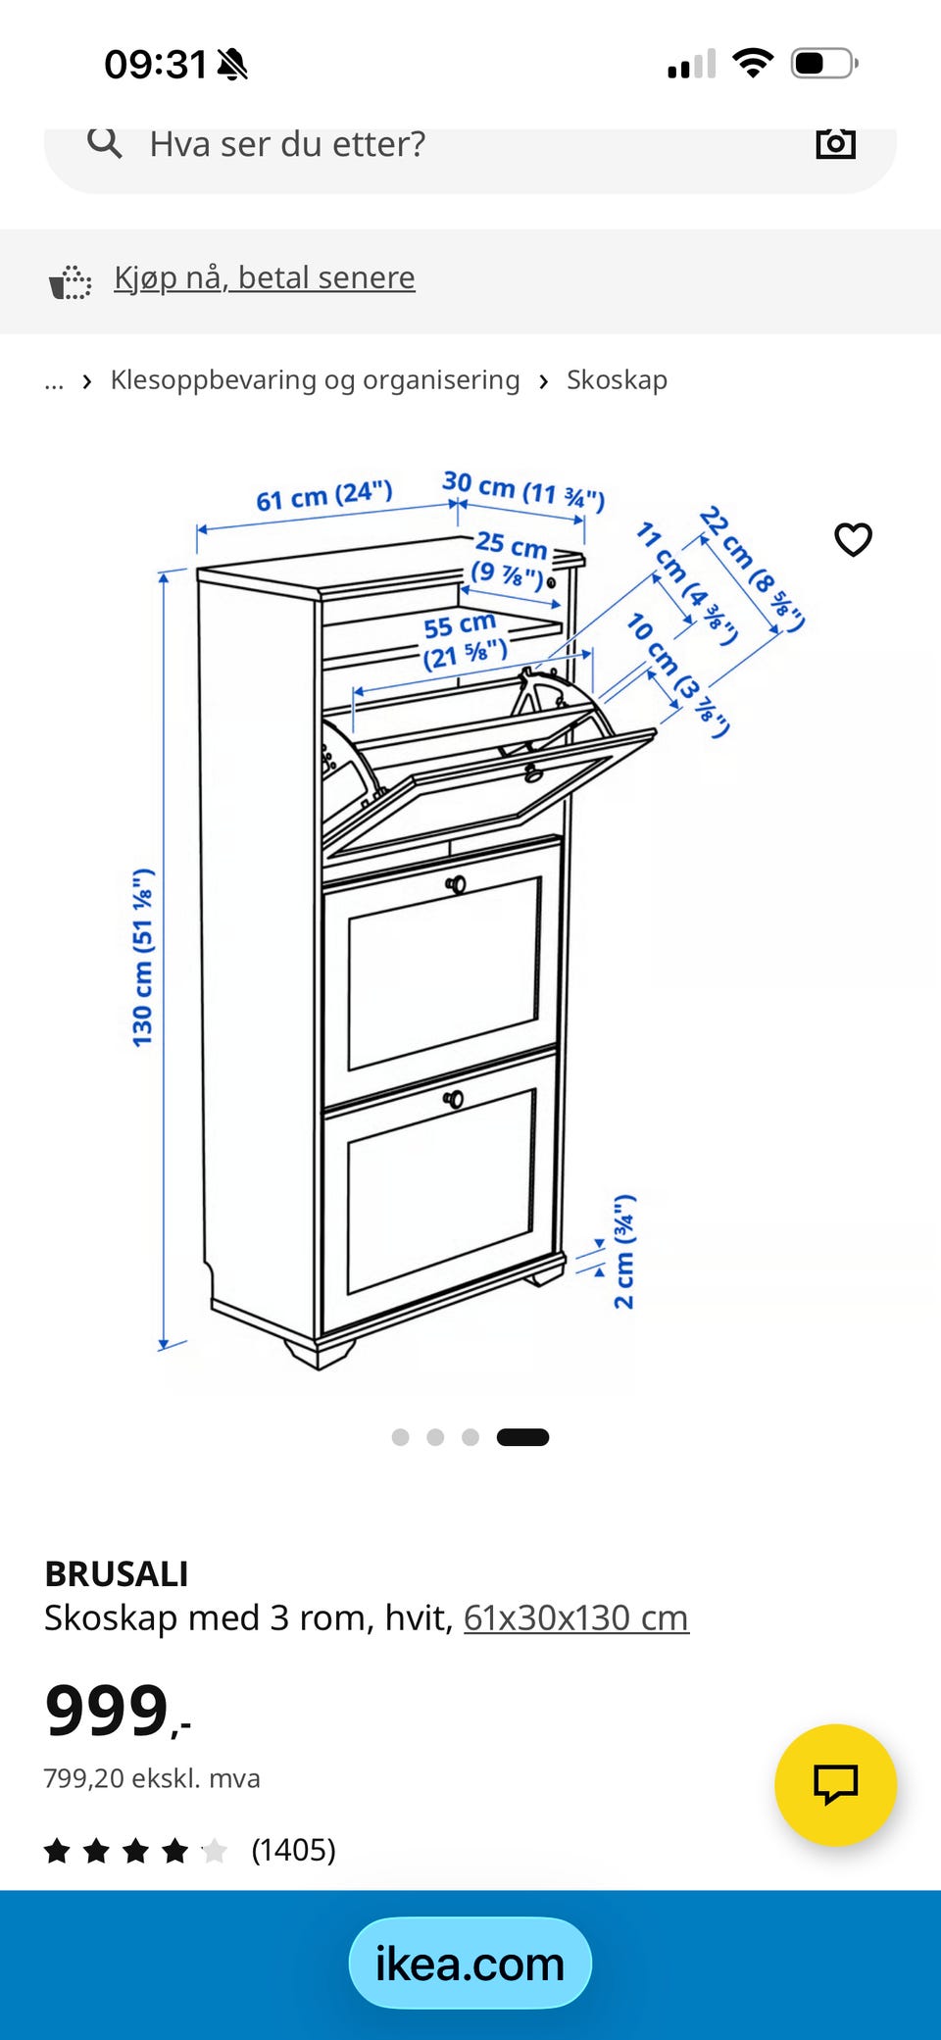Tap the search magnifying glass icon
105,143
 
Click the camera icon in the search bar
836,143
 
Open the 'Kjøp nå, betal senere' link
265,277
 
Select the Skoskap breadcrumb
617,379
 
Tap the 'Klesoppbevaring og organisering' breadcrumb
315,380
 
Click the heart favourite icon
853,539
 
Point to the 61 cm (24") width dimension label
324,495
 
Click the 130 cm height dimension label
143,957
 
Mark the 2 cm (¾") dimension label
624,1252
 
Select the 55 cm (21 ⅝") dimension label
464,640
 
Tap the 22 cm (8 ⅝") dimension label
752,569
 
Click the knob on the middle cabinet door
456,884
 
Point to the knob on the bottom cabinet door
453,1099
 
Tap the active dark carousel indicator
522,1437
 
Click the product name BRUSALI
117,1573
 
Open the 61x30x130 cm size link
576,1617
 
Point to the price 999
108,1711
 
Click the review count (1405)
293,1850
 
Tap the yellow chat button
835,1785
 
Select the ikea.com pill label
470,1964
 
